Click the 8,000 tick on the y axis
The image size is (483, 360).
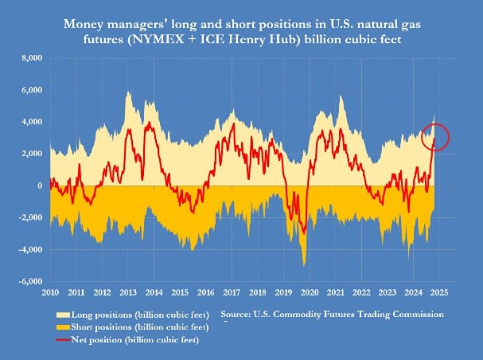coord(31,58)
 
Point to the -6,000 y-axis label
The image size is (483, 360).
coord(30,281)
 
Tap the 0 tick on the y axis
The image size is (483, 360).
coord(39,186)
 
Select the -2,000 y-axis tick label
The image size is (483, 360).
coord(30,217)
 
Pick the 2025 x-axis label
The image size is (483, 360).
coord(444,292)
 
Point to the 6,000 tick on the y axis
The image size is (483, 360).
coord(31,90)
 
